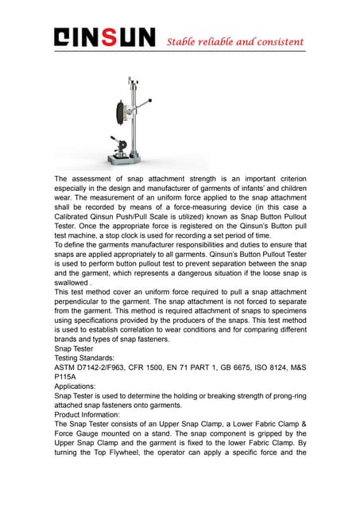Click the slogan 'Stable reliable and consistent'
pos(235,41)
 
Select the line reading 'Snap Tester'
pos(75,348)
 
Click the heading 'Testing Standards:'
pos(87,359)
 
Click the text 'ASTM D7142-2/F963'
pos(99,369)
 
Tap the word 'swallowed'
pos(74,282)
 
